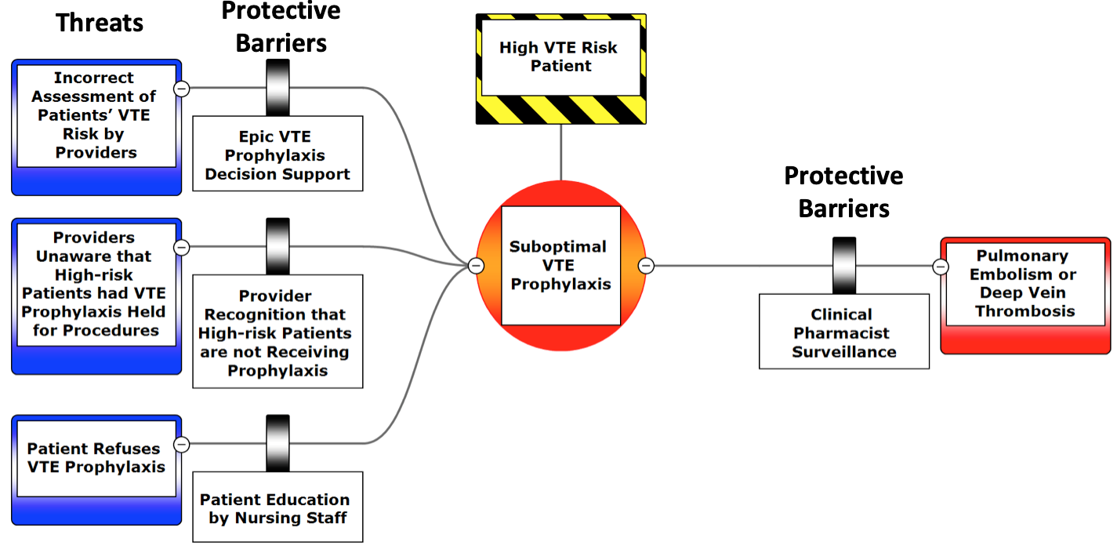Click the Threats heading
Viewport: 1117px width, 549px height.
point(100,24)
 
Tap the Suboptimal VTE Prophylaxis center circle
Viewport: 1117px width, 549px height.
point(560,265)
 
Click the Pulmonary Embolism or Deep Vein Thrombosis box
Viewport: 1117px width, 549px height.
point(1025,284)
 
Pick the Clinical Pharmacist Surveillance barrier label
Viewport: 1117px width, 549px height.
point(843,333)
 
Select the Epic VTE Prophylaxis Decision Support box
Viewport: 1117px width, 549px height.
point(277,155)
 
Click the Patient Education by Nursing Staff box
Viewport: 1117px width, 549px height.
point(277,507)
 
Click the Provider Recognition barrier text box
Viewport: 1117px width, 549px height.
point(277,333)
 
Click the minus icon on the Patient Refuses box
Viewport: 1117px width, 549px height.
point(181,444)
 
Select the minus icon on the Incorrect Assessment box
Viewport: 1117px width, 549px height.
point(181,89)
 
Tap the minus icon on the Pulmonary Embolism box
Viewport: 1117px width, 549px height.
point(941,267)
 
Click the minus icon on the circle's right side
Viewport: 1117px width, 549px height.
point(646,266)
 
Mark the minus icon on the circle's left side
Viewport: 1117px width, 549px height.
point(476,266)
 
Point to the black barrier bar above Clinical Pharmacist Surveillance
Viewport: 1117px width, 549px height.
point(843,265)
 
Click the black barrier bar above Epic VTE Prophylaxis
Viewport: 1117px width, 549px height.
point(277,88)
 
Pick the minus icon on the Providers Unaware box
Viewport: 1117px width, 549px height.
point(181,247)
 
